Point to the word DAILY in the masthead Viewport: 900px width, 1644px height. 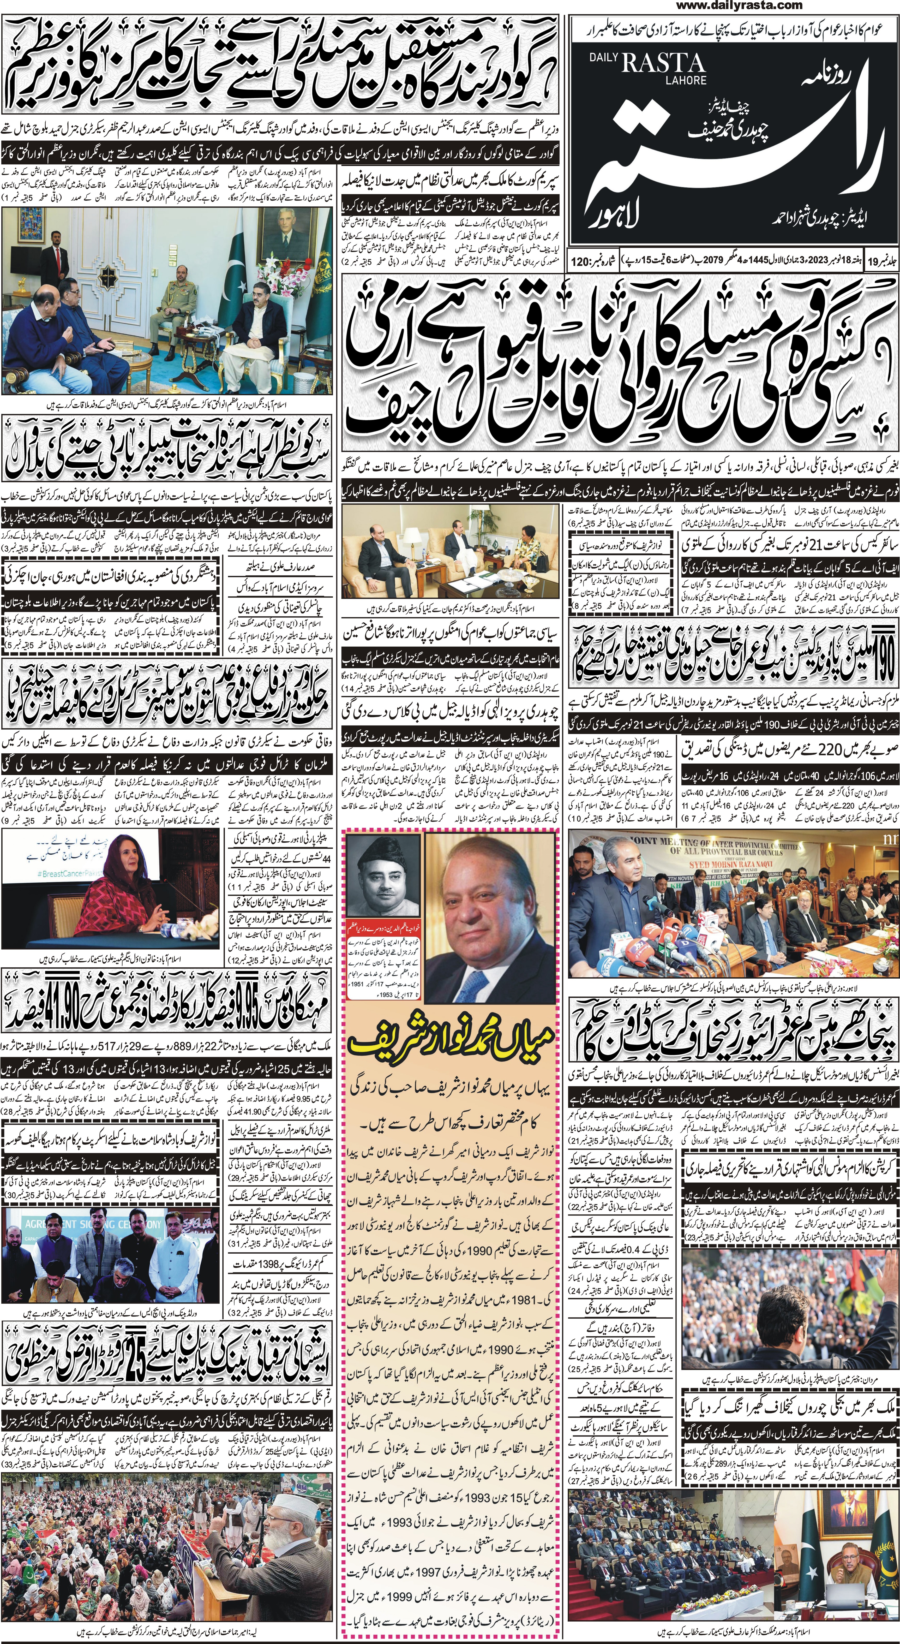click(x=603, y=59)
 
